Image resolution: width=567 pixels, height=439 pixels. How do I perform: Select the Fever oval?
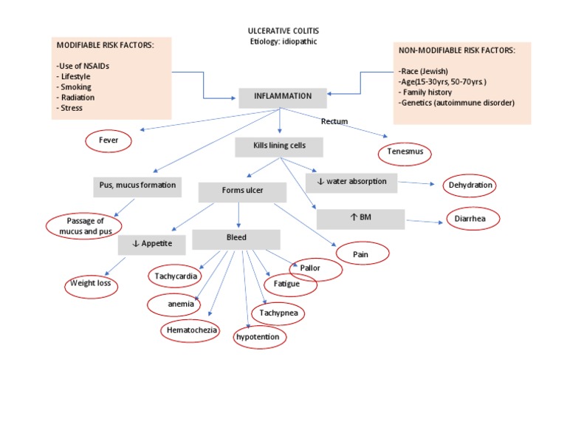coord(109,140)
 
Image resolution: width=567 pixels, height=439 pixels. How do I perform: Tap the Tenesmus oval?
coord(405,154)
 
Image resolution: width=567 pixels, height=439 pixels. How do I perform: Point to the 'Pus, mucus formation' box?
coord(138,186)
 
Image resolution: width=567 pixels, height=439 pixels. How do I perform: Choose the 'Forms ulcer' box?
coord(242,191)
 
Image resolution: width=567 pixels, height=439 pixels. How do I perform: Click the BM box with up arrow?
coord(360,219)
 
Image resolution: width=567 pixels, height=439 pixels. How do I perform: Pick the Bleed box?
coord(236,239)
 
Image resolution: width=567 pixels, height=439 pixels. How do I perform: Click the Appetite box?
coord(151,243)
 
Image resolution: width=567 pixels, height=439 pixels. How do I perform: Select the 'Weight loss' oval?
coord(92,285)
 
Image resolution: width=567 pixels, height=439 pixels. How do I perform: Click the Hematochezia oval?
coord(190,330)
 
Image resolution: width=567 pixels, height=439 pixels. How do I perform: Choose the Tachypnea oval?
coord(278,313)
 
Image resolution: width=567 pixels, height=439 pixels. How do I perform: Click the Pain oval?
coord(362,253)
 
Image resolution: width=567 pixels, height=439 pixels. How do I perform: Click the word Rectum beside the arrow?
coord(334,121)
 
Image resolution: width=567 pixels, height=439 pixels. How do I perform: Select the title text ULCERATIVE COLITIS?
coord(283,31)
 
